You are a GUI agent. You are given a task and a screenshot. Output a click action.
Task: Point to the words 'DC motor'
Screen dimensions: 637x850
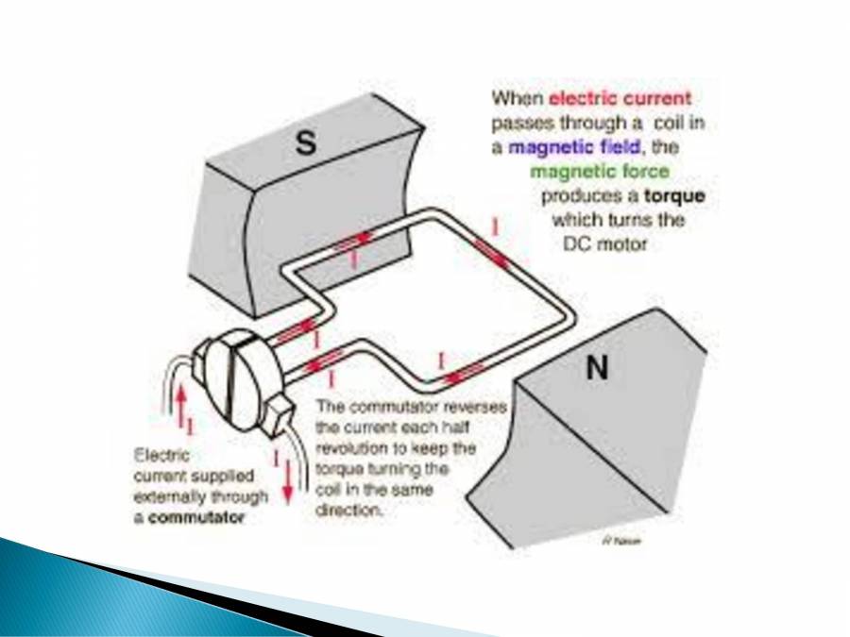click(x=600, y=244)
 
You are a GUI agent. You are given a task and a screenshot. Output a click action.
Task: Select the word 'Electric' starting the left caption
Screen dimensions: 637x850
click(x=161, y=454)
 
